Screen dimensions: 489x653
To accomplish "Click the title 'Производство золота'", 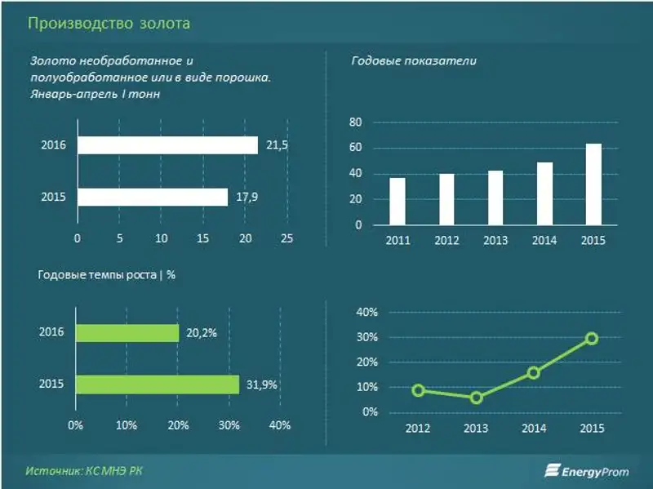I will point(109,23).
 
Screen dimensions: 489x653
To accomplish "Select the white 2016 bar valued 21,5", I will point(167,145).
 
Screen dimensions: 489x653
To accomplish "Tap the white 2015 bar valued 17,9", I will point(153,197).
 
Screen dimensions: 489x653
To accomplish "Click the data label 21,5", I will point(278,145).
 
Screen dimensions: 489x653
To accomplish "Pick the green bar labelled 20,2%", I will point(127,333).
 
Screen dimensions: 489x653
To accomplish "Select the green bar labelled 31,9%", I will point(158,385).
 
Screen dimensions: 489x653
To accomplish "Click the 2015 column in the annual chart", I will point(593,184).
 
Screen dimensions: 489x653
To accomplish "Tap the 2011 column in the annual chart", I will point(398,201).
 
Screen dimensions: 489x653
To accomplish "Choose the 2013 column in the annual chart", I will point(495,198).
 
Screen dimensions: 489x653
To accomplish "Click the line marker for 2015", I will point(592,338).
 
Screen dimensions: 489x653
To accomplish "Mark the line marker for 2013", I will point(477,398).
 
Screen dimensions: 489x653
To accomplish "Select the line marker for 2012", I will point(419,390).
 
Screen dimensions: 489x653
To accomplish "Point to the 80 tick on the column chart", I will point(355,122).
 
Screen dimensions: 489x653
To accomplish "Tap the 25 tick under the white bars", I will point(287,238).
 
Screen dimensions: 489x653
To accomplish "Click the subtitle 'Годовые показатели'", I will point(414,61).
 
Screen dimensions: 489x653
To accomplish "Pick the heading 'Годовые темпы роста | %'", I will point(107,274).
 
